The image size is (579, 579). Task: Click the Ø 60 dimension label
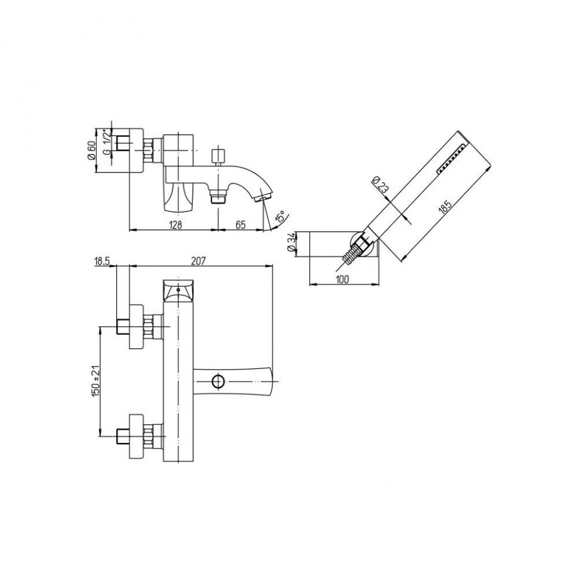point(91,150)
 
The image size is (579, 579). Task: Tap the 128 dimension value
point(175,224)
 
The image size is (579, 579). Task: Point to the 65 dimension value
point(241,224)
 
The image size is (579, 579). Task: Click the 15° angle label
point(281,217)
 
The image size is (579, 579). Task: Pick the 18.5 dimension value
point(102,261)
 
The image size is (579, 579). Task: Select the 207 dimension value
point(198,261)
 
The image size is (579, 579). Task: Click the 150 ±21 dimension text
point(96,381)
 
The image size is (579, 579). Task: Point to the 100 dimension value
point(342,279)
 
